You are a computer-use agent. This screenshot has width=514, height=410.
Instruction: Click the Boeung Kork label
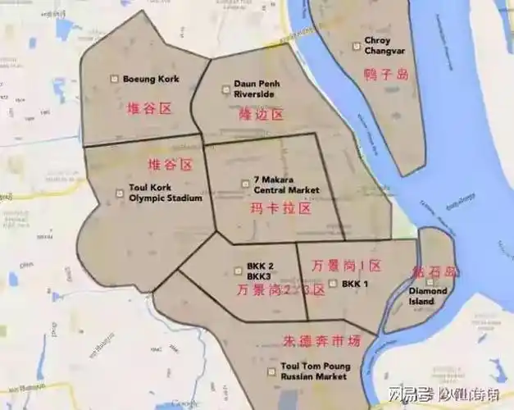(x=151, y=80)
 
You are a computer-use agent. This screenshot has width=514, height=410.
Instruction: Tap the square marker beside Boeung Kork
(x=115, y=79)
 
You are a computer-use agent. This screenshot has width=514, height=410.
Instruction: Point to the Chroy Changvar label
(x=378, y=45)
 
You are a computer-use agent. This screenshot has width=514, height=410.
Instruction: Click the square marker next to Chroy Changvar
(x=355, y=46)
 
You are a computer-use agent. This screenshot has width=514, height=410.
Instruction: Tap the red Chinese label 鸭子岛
(x=385, y=75)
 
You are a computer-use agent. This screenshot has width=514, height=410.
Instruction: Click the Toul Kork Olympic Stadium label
(x=165, y=193)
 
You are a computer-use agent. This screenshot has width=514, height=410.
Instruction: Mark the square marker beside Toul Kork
(x=121, y=194)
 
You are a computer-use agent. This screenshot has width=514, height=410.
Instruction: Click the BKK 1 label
(x=355, y=284)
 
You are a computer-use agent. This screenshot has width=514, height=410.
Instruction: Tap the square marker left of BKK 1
(x=332, y=284)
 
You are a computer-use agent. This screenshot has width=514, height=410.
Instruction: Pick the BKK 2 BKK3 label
(x=259, y=272)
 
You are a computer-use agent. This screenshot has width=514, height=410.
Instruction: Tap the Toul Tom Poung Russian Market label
(x=315, y=371)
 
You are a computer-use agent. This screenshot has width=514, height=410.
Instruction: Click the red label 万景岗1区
(x=348, y=265)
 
